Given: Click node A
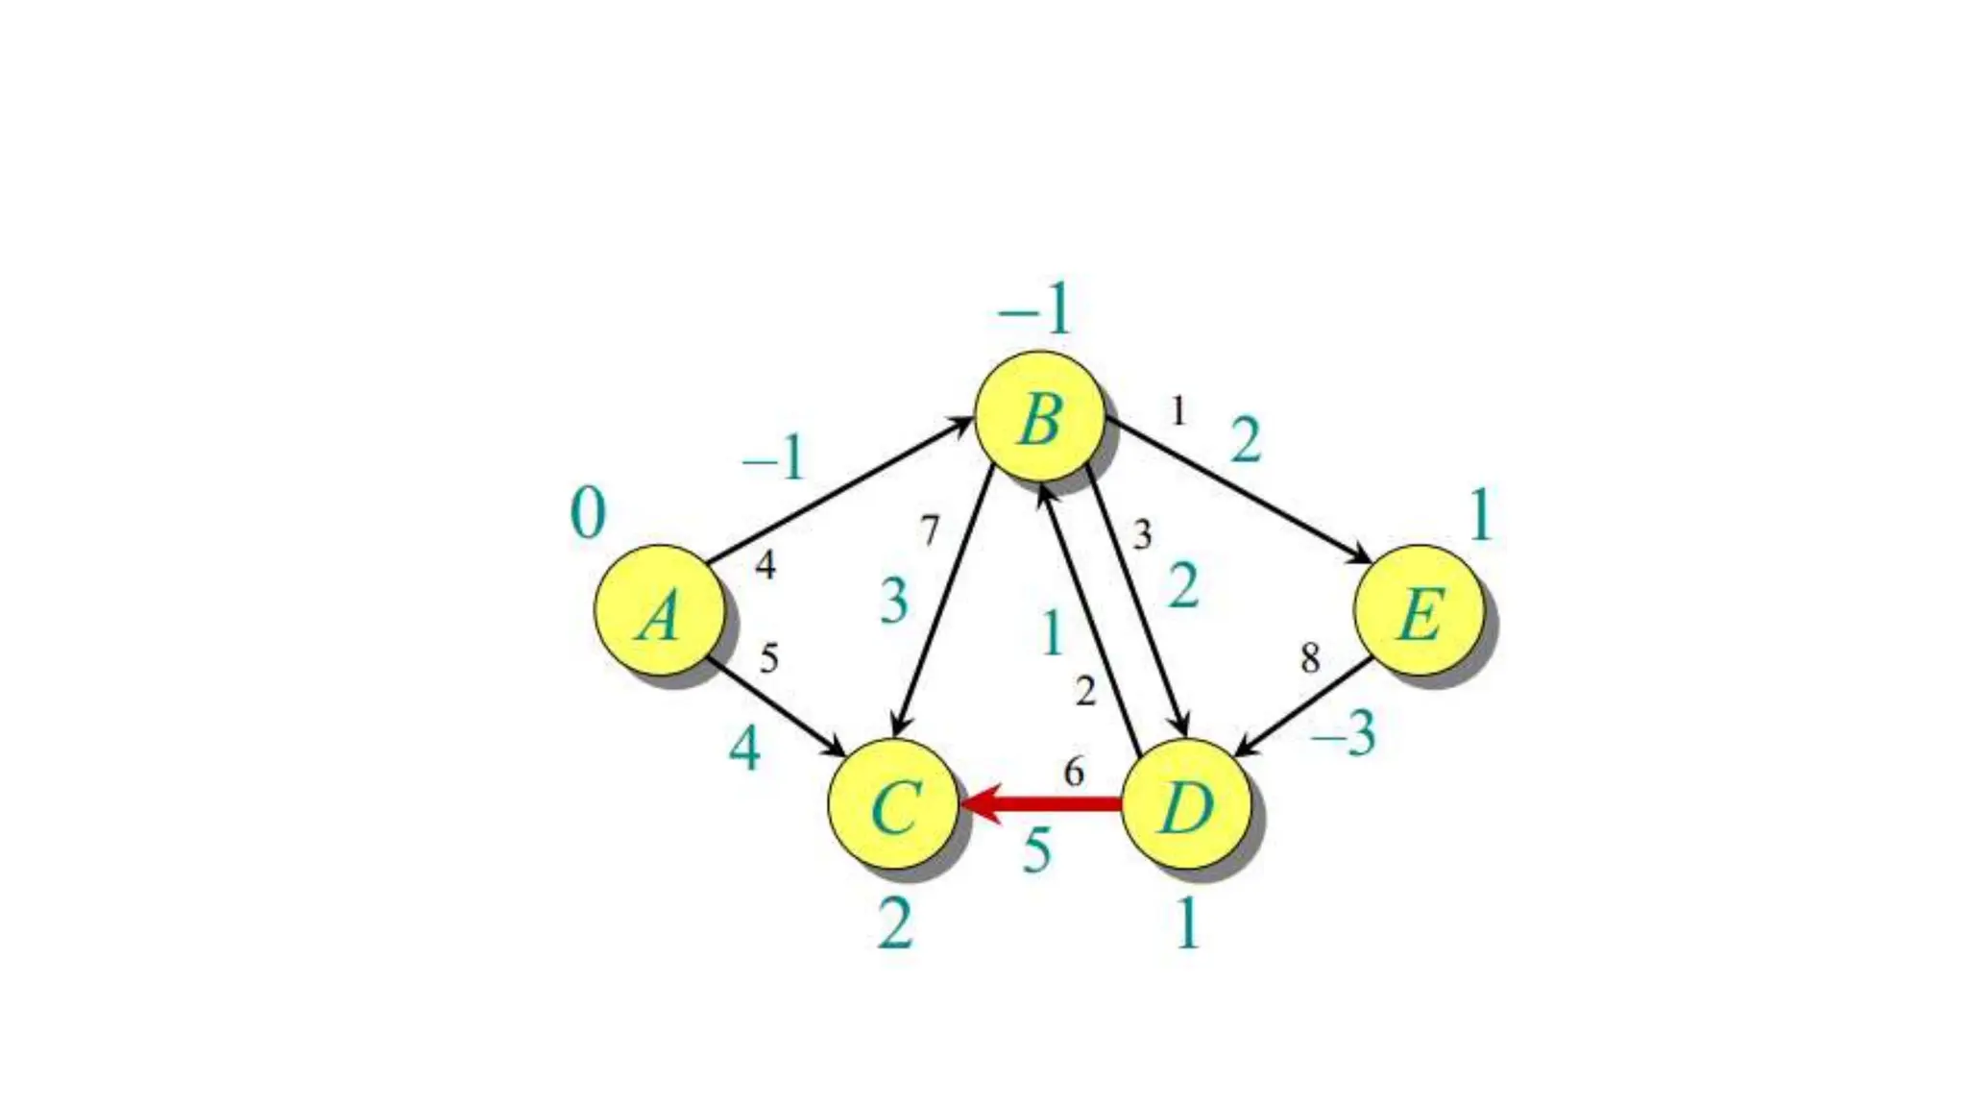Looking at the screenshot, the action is point(659,610).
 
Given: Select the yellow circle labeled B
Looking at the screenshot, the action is point(1039,416).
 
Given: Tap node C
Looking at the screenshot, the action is point(893,804).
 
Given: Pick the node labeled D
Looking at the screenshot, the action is point(1186,804).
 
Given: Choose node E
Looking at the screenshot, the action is point(1419,610).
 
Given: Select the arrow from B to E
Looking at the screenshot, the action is point(1239,490).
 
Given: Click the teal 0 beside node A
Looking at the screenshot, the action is point(588,513).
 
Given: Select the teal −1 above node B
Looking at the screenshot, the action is point(1034,310).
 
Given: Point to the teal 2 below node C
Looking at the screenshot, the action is point(894,925).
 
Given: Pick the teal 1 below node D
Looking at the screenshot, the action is point(1187,925).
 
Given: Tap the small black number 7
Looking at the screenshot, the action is point(929,530).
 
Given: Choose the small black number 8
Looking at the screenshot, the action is point(1310,658).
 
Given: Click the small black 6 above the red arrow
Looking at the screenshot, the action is point(1074,771).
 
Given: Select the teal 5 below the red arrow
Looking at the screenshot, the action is point(1036,851).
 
